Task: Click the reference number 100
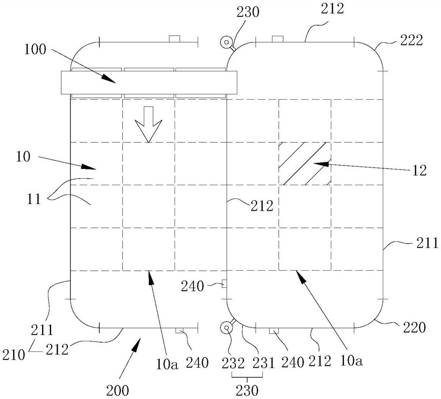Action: [x=35, y=49]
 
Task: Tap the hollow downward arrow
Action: [x=148, y=124]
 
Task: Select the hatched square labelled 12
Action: [x=305, y=163]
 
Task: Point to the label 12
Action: [x=420, y=171]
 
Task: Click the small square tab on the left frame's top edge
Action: [x=175, y=39]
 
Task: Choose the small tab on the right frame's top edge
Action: [x=277, y=39]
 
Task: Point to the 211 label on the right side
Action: [x=428, y=242]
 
